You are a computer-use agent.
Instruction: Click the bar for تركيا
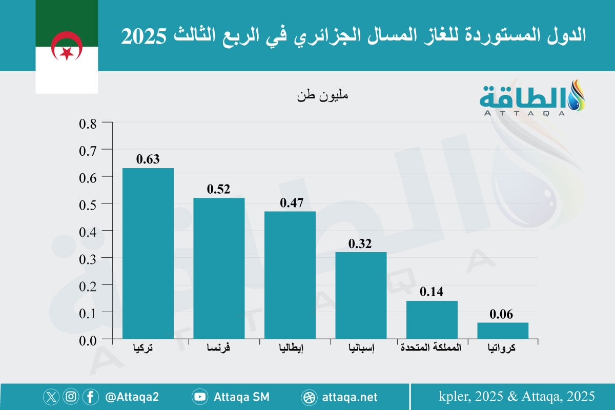pos(148,253)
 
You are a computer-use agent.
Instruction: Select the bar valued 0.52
pos(219,268)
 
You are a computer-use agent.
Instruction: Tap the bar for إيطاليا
pos(290,275)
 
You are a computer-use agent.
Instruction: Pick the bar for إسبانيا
pos(361,295)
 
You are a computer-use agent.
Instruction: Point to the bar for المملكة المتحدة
pos(432,319)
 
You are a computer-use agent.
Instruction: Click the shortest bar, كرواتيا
pos(503,331)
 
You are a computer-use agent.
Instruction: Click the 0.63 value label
pos(148,159)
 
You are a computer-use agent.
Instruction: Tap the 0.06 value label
pos(502,315)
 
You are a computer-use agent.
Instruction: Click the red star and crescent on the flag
pos(67,46)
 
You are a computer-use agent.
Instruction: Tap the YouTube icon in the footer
pos(199,397)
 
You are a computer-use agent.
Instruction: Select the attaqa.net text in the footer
pos(350,397)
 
